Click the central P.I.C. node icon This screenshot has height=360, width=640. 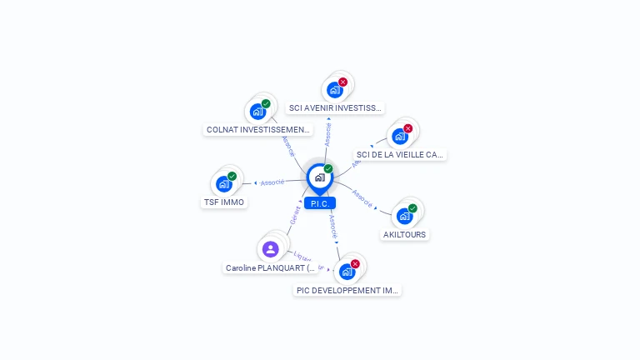318,177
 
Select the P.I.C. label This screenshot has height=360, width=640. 320,203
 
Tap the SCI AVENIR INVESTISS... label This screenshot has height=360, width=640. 335,107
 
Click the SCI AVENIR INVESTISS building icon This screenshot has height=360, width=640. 335,90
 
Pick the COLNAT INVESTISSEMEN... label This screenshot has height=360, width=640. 258,129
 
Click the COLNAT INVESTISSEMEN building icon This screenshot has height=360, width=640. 257,112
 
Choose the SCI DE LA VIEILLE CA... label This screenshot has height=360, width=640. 399,154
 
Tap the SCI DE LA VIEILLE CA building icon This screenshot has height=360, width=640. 400,137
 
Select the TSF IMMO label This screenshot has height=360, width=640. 224,202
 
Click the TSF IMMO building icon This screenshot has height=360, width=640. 224,184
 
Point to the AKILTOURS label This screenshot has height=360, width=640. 404,234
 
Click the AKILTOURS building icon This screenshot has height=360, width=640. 405,216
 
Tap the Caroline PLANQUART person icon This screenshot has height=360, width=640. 270,248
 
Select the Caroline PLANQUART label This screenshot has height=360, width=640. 271,267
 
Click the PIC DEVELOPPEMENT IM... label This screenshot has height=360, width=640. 348,290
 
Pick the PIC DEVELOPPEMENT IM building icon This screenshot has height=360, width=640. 347,272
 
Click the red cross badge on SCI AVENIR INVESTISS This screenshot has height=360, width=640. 342,82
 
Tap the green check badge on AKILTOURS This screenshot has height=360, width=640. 412,208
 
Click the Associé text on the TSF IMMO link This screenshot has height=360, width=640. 272,182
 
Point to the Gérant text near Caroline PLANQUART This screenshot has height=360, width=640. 295,214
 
